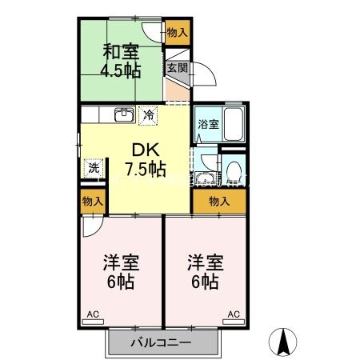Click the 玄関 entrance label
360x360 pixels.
tap(177, 69)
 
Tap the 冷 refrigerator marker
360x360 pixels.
tap(148, 115)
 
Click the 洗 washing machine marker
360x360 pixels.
tap(94, 169)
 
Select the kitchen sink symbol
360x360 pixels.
tap(123, 115)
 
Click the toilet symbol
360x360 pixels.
tap(233, 171)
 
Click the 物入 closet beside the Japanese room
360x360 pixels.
tap(178, 33)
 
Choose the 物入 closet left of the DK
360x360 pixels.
tap(93, 202)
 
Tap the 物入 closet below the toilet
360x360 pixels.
tap(218, 202)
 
